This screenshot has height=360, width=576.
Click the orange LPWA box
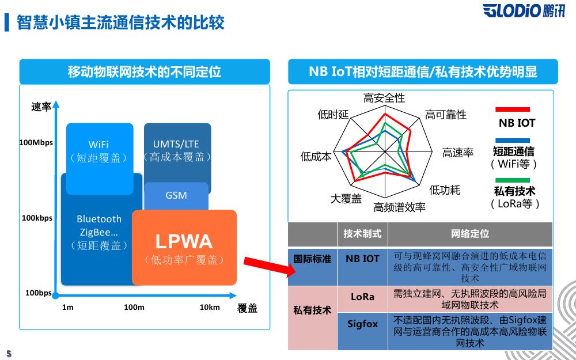click(x=184, y=248)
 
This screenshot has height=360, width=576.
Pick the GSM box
click(x=176, y=195)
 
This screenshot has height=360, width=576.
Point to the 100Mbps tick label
click(x=36, y=142)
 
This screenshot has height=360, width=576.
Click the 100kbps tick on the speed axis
click(x=37, y=218)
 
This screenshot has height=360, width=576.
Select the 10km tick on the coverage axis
click(x=210, y=307)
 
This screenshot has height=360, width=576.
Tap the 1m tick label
click(x=68, y=307)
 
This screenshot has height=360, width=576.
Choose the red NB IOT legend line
click(x=513, y=109)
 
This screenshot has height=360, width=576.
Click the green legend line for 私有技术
click(x=513, y=180)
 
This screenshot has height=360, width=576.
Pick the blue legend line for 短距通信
click(x=513, y=140)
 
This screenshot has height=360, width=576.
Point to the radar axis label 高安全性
click(x=384, y=98)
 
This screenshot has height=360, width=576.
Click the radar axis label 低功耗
click(x=445, y=190)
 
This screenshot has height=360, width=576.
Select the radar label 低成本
click(x=316, y=156)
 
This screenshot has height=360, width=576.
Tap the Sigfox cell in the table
click(x=362, y=324)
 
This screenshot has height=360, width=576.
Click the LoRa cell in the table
click(x=362, y=297)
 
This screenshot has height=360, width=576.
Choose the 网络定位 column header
click(x=470, y=234)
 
